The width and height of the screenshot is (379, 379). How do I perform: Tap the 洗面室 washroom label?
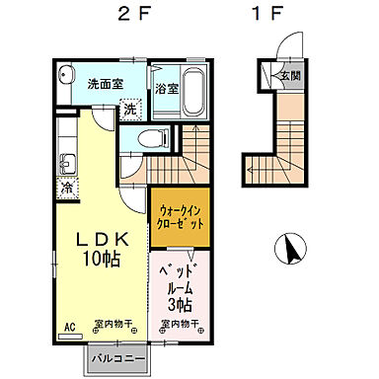coord(104,84)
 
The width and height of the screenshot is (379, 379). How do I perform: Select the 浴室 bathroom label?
coord(166,89)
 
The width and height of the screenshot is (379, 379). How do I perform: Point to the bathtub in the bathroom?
coord(193,90)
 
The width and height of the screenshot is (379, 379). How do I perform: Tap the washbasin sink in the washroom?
coord(67,76)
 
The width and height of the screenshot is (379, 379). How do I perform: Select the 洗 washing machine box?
coord(130,110)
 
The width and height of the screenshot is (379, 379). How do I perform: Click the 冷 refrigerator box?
coord(68,188)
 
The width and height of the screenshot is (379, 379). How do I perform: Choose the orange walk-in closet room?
coord(181,217)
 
